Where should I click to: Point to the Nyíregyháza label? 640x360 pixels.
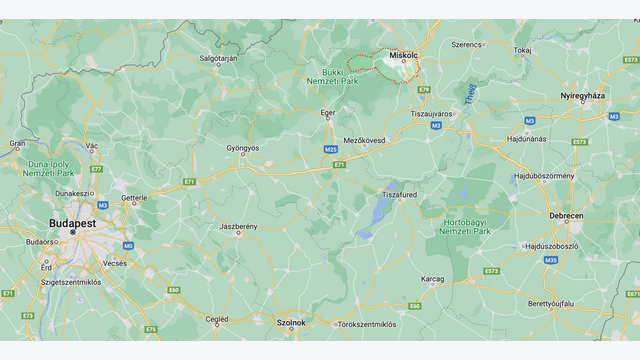(x=583, y=95)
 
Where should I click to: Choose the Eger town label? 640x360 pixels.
(x=327, y=113)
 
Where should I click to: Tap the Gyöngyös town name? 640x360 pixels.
(x=242, y=148)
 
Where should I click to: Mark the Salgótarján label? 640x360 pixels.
(x=217, y=58)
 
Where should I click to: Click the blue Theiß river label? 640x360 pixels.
(x=469, y=93)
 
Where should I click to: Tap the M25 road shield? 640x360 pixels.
(x=330, y=149)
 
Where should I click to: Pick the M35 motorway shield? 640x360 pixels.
(x=551, y=260)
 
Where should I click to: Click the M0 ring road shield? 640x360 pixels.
(x=128, y=245)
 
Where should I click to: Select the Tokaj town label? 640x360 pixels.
(x=522, y=49)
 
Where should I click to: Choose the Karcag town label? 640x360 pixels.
(x=432, y=278)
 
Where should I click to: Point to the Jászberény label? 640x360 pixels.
(x=238, y=227)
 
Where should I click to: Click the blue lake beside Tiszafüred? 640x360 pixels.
(x=381, y=210)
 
